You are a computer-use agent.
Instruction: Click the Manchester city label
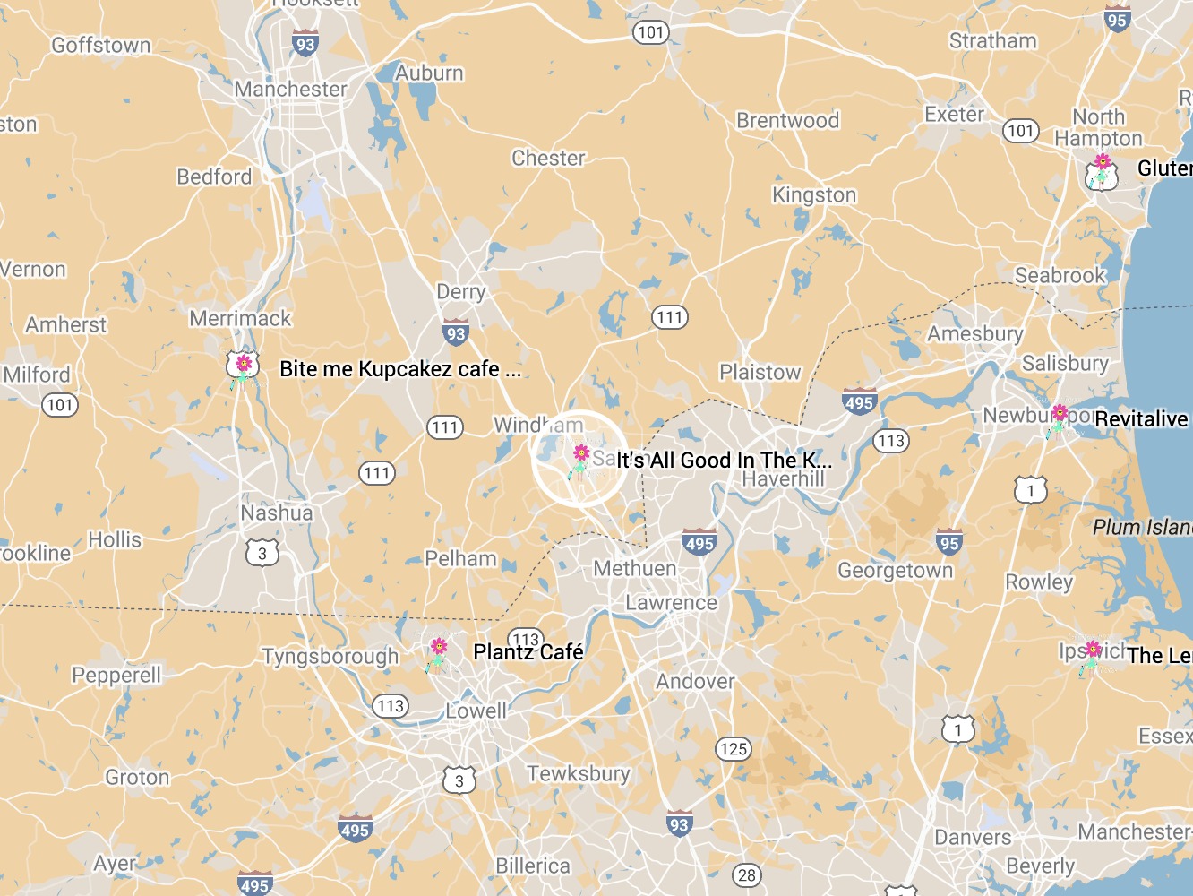(290, 90)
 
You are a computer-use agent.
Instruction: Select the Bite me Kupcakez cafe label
(399, 369)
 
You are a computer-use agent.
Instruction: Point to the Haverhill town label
(783, 479)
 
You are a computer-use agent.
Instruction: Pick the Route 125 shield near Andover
(733, 748)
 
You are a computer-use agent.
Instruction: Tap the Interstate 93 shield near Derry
(456, 333)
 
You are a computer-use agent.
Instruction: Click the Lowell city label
(476, 711)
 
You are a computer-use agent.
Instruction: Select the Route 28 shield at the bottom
(747, 875)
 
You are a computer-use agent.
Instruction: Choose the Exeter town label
(954, 115)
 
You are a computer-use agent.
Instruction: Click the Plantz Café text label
(528, 652)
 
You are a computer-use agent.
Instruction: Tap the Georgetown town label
(895, 571)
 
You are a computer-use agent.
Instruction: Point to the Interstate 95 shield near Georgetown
(949, 542)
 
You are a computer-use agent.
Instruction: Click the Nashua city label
(277, 513)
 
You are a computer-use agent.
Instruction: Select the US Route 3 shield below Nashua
(262, 553)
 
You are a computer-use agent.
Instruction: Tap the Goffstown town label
(101, 45)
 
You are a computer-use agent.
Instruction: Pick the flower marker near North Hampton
(1102, 170)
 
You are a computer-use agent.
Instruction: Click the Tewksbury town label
(579, 773)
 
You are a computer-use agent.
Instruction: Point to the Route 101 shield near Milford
(60, 405)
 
